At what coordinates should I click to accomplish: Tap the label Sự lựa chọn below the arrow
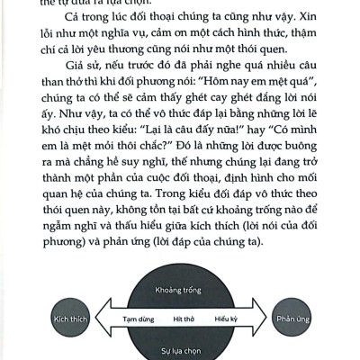(181, 347)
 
